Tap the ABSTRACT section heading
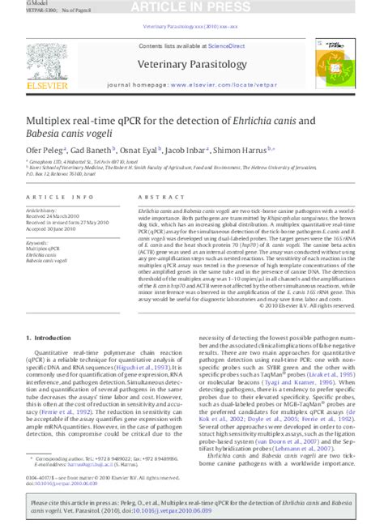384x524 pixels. point(145,198)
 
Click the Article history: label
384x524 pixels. point(45,211)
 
